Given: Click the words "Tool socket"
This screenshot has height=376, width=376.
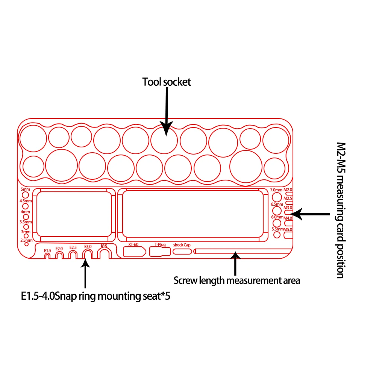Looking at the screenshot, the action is point(167,82).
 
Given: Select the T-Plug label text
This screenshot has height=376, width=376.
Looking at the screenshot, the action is point(160,245).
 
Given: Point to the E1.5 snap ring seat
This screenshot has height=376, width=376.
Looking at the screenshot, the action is point(47,256).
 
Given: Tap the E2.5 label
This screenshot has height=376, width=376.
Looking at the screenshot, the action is point(73,247).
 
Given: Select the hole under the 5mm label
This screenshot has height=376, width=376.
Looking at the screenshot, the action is point(26,196).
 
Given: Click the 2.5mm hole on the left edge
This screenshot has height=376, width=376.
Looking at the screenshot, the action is point(26,244).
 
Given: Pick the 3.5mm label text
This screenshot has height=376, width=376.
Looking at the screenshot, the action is point(26,222).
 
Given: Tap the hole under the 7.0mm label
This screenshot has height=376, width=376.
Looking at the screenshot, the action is point(277,197).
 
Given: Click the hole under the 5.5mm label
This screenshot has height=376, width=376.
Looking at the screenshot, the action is point(277,235).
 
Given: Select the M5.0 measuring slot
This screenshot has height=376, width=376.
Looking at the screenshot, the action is point(288,235).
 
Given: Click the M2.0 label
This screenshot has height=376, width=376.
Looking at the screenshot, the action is point(288,190).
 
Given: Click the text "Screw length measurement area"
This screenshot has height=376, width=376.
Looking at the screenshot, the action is point(237,280).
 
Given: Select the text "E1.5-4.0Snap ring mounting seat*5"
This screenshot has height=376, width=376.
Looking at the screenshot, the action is point(96,296).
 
